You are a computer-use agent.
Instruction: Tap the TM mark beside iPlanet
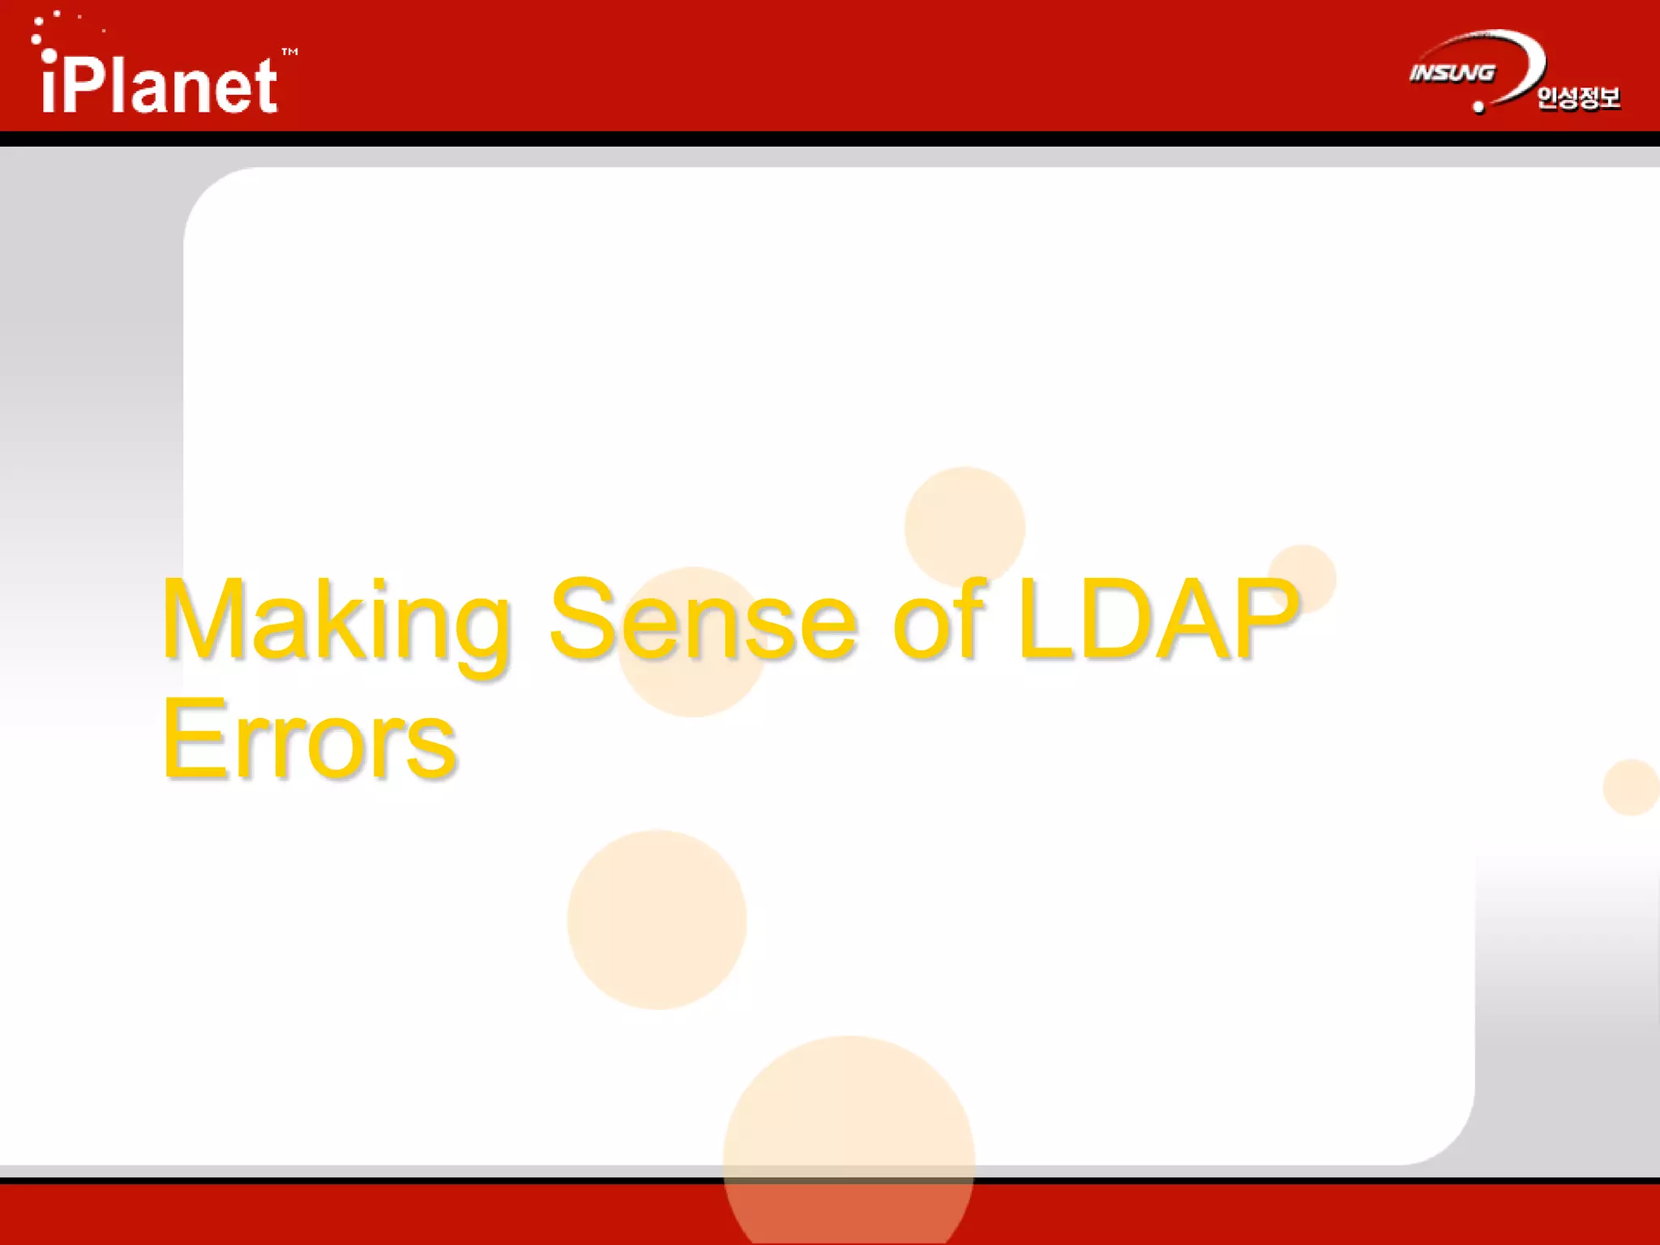tap(289, 53)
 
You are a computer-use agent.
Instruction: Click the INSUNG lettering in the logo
tap(1452, 73)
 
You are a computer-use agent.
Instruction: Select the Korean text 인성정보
tap(1578, 97)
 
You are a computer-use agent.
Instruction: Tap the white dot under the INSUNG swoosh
tap(1478, 107)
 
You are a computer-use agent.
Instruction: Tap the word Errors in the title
tap(310, 739)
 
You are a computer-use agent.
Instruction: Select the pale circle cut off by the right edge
tap(1632, 787)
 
